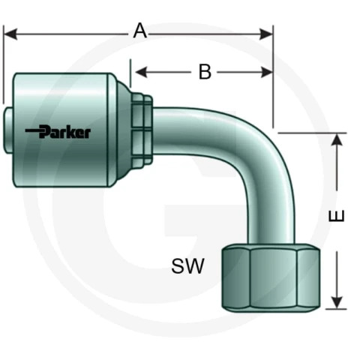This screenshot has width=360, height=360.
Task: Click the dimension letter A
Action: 139,31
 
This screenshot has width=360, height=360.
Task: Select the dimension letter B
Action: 205,72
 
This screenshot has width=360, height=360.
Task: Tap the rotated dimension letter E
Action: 337,216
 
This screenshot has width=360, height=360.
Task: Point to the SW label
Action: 187,265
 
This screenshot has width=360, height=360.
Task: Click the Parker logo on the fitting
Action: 58,132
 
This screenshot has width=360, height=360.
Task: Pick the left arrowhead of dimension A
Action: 10,34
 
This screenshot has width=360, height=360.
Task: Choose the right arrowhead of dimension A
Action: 266,34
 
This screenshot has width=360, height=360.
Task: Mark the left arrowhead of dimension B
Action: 141,72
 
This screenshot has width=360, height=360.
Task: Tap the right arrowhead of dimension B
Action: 266,72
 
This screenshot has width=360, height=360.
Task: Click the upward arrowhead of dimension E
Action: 337,139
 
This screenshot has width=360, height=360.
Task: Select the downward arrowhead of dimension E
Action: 337,303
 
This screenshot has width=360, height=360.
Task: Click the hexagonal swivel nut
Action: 271,278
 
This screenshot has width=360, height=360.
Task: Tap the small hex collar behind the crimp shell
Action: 142,129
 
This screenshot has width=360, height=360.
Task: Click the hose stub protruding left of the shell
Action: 8,130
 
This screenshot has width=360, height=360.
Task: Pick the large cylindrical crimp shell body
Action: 61,130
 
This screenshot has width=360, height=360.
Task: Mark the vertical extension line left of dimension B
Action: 130,73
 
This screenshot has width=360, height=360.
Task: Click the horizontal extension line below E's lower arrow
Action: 336,309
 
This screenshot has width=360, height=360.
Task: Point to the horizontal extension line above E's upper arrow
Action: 312,133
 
